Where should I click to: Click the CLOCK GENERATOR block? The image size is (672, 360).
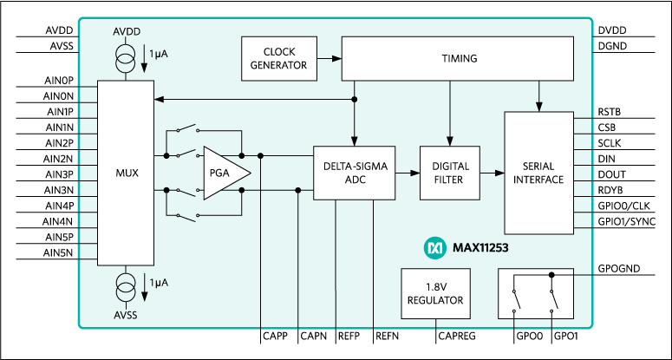click(x=279, y=59)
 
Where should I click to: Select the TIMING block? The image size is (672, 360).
click(x=458, y=59)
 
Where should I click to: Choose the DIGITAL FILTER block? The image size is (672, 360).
click(x=449, y=173)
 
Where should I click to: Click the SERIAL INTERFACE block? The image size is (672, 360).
click(x=538, y=173)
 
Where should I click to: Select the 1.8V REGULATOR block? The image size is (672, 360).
click(x=435, y=294)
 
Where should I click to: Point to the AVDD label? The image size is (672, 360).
click(x=126, y=32)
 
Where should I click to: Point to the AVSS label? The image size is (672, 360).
click(x=126, y=315)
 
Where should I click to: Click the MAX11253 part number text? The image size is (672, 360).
click(x=480, y=248)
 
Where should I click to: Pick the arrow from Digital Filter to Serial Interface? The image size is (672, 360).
click(x=491, y=173)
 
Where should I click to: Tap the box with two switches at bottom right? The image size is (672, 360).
click(x=536, y=292)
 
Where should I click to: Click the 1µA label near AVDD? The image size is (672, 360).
click(x=159, y=54)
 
